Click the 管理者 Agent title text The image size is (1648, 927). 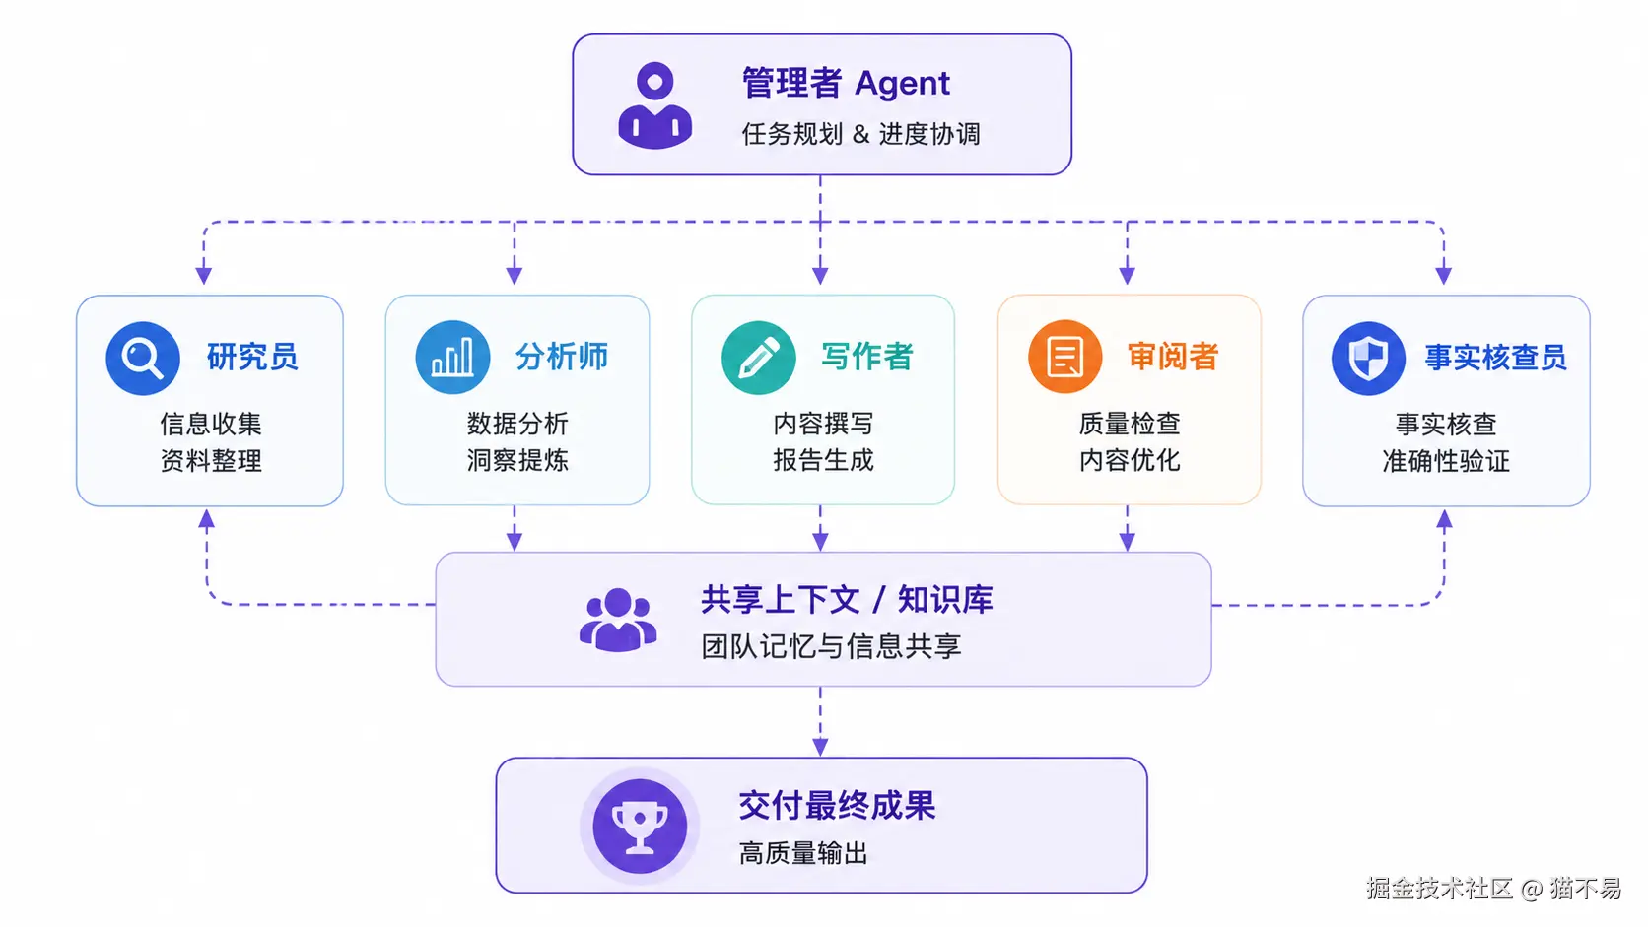846,83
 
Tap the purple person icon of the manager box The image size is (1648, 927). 654,105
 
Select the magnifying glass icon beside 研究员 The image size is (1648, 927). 143,358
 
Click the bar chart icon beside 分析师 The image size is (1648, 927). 452,358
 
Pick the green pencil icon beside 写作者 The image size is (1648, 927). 759,358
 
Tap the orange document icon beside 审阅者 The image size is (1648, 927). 1064,357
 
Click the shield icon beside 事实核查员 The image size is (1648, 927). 1368,358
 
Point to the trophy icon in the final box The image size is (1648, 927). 640,826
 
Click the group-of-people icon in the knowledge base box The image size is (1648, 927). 618,620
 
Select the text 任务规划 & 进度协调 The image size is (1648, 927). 860,135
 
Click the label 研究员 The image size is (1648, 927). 252,358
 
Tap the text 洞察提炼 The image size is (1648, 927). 517,460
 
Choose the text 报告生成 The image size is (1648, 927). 823,460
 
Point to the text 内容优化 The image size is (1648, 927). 1130,460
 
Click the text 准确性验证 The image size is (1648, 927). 1446,461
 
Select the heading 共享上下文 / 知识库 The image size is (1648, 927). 847,600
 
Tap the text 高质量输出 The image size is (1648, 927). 803,853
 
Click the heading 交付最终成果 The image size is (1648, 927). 837,806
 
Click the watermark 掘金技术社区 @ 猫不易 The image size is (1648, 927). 1493,889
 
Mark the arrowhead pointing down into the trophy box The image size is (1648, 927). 820,747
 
